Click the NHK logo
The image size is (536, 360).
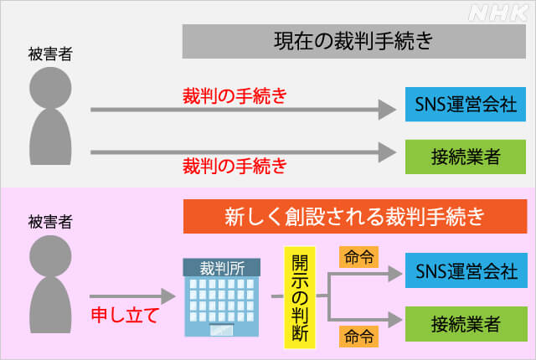point(497,13)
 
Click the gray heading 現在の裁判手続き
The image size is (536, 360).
point(353,41)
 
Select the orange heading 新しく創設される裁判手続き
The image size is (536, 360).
point(355,217)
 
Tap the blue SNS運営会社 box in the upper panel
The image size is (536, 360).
point(466,104)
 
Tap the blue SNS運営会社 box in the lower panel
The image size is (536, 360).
point(466,270)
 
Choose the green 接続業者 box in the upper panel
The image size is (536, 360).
point(466,157)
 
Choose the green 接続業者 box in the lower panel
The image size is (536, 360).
point(466,324)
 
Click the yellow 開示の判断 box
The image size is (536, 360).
point(300,297)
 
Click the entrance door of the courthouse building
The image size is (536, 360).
point(222,330)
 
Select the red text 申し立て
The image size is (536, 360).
point(125,315)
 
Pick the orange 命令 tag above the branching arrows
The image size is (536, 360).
point(358,257)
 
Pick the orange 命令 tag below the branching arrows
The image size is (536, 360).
point(358,337)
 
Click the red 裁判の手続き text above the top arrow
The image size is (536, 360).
point(234,96)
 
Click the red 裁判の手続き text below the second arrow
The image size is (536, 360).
point(234,166)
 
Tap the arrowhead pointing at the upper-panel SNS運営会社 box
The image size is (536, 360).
point(387,110)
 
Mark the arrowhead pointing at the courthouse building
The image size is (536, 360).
point(168,296)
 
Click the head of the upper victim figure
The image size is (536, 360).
point(50,87)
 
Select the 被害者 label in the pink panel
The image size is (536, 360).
point(50,222)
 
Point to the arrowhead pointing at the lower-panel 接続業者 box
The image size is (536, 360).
point(395,320)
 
